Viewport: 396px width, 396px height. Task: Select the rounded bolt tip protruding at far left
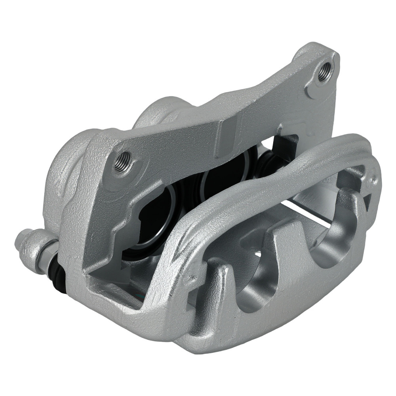[x=20, y=239]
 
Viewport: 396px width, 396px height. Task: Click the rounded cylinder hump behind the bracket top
[x=158, y=113]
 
